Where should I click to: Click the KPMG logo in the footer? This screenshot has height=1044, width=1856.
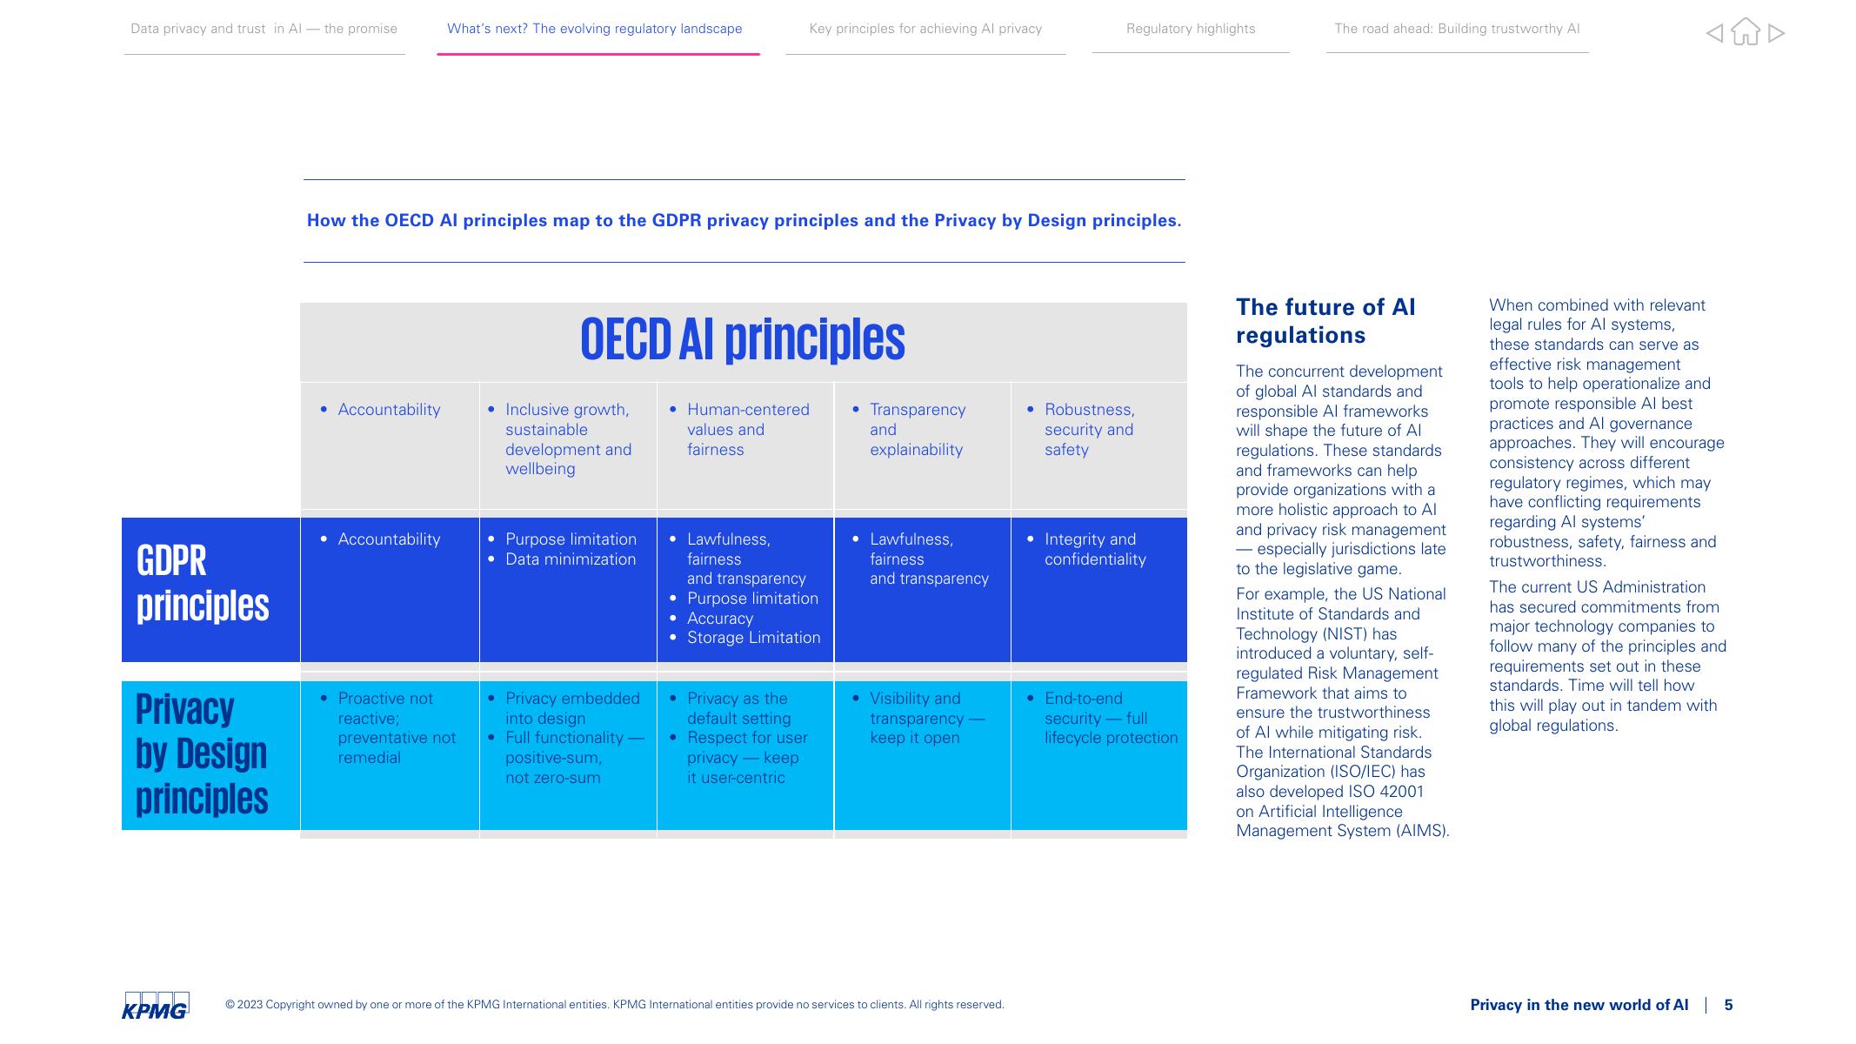click(x=156, y=1005)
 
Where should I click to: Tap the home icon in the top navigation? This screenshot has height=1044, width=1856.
click(x=1745, y=32)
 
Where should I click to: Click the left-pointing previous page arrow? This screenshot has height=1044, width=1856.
click(x=1714, y=33)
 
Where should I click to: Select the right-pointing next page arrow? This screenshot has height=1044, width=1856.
click(x=1776, y=33)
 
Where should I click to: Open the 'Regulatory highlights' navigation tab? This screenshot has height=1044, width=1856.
click(x=1190, y=29)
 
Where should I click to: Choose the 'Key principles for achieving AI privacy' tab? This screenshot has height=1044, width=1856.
click(x=925, y=29)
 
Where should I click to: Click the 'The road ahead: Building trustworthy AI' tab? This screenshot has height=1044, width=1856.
click(x=1457, y=29)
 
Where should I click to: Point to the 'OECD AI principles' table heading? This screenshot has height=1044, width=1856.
click(x=742, y=339)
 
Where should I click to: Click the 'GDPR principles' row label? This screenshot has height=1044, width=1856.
click(x=203, y=583)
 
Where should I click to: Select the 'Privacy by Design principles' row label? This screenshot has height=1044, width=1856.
click(x=202, y=753)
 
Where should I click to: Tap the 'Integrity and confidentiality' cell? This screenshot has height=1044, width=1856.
click(x=1094, y=549)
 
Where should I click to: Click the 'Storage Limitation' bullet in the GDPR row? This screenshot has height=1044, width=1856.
click(x=753, y=638)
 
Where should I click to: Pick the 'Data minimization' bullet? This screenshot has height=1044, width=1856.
click(x=570, y=559)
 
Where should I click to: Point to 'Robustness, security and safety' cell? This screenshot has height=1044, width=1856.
click(x=1088, y=429)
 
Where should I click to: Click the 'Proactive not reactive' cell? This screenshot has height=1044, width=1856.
click(x=396, y=727)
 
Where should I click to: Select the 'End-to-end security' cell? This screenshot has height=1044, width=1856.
click(x=1110, y=718)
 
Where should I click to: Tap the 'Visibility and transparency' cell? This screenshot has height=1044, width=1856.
click(x=926, y=718)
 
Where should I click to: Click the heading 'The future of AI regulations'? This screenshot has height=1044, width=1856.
click(x=1325, y=321)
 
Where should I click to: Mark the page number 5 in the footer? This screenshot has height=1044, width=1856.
click(x=1728, y=1005)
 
